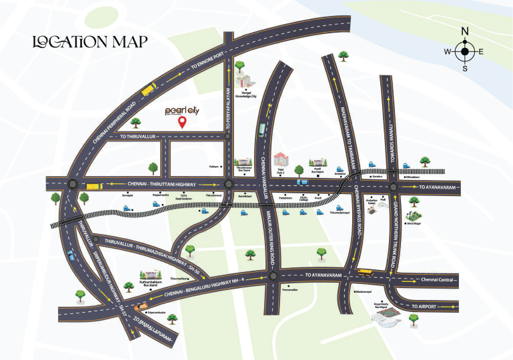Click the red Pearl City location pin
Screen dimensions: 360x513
tap(181, 121)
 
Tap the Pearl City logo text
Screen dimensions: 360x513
tap(181, 110)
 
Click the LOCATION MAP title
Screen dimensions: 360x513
tap(90, 41)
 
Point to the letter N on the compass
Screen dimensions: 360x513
tap(465, 31)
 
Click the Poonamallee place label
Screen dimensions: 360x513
tap(290, 291)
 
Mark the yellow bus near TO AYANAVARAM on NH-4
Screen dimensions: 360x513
tap(364, 272)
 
